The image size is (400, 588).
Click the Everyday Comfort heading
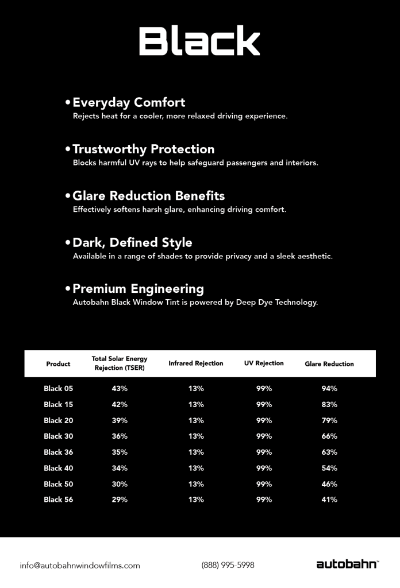[x=129, y=103]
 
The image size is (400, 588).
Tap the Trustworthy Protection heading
[x=143, y=149]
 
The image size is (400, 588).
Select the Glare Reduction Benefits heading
[x=148, y=196]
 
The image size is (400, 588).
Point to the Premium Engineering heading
[x=138, y=289]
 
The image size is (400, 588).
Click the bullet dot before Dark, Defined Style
[x=68, y=243]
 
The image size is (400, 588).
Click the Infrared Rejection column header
[x=195, y=363]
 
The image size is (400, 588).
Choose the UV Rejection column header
[x=264, y=363]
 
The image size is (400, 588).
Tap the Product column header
[x=58, y=363]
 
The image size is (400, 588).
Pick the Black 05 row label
[x=58, y=389]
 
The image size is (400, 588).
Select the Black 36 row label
[x=58, y=452]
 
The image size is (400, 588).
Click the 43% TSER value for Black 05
[x=120, y=389]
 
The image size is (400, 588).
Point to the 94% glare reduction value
[x=329, y=389]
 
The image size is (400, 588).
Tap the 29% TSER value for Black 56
[x=120, y=500]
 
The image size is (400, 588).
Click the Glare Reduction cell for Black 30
[x=329, y=436]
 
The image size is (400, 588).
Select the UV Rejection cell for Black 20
[x=264, y=420]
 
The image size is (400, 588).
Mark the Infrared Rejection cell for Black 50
[x=196, y=484]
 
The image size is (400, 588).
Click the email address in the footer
[x=80, y=565]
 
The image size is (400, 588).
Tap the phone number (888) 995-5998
[x=228, y=565]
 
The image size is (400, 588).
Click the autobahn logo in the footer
[x=347, y=564]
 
